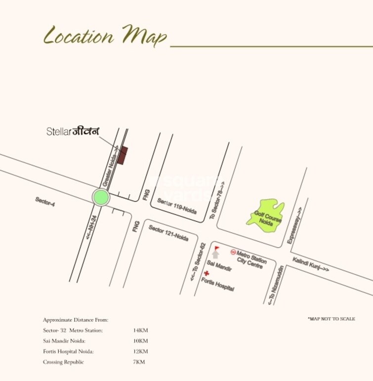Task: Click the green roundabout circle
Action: pos(101,197)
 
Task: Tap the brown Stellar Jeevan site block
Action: pos(124,155)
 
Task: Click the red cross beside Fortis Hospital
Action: pos(206,273)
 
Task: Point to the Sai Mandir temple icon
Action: pos(215,254)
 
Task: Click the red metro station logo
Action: pos(233,252)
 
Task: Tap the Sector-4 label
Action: pos(45,202)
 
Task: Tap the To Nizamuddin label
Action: pos(275,285)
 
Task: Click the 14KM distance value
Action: pos(140,330)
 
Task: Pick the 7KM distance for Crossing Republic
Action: pos(139,362)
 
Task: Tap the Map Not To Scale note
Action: pos(331,319)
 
